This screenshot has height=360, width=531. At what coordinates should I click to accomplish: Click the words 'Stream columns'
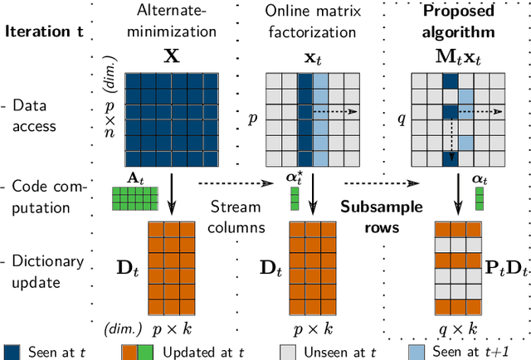[237, 215]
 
